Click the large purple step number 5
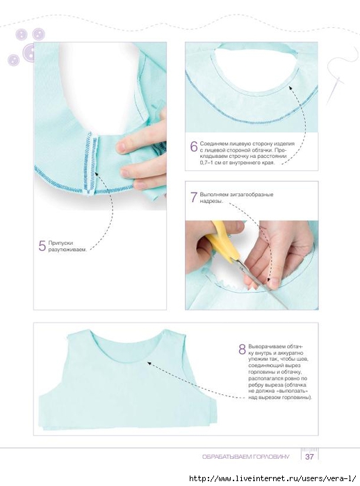(x=42, y=246)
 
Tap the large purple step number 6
(x=194, y=146)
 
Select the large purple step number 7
(x=194, y=197)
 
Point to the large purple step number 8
(x=243, y=349)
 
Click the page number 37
(x=309, y=457)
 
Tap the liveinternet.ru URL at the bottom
(x=272, y=478)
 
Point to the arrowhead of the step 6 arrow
(x=291, y=88)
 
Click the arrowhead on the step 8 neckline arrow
(x=149, y=363)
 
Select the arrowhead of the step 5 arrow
(x=98, y=175)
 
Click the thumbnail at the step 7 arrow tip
(x=273, y=283)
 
